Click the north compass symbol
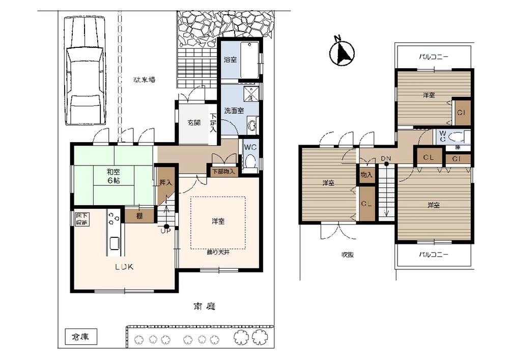point(342,52)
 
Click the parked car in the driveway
point(84,71)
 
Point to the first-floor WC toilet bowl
point(250,161)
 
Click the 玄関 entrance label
point(194,123)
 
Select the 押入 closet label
point(165,182)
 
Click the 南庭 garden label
point(205,307)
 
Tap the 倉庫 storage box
point(81,337)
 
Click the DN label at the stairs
point(386,158)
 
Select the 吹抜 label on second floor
point(348,255)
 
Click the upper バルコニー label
point(434,57)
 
